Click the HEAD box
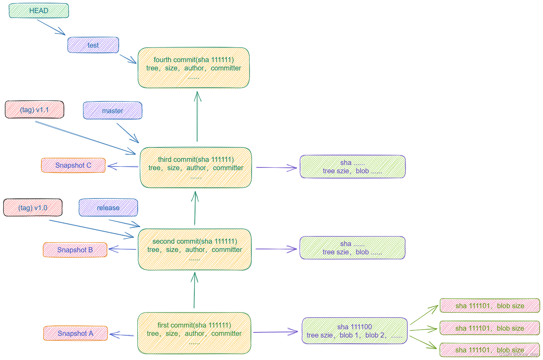[x=39, y=11]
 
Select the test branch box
[x=93, y=45]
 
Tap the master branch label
[x=113, y=111]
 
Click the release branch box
[x=108, y=208]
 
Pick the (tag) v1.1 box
[x=35, y=110]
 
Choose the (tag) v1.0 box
[x=33, y=208]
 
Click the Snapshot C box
[x=73, y=165]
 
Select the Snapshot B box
[x=75, y=250]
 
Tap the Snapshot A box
[x=75, y=333]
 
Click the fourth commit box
[x=194, y=68]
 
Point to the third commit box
[x=196, y=168]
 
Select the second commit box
[x=195, y=250]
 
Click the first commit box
[x=194, y=333]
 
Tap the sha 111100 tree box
[x=355, y=331]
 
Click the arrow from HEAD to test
[x=51, y=27]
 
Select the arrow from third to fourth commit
[x=197, y=117]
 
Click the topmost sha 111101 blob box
[x=489, y=306]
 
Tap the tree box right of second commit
[x=352, y=248]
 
